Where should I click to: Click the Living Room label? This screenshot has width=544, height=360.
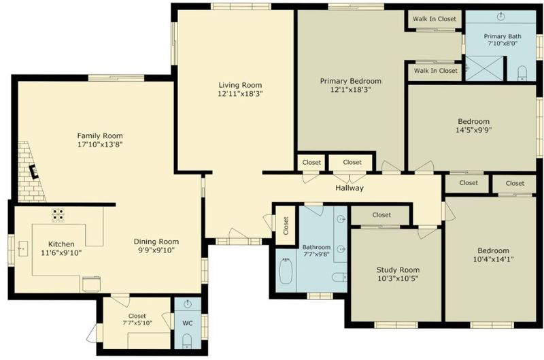(x=240, y=85)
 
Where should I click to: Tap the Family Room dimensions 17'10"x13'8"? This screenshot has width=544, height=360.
(x=100, y=144)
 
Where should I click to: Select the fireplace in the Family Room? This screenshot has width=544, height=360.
(x=34, y=171)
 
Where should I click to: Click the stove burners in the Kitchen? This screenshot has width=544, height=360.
(x=58, y=215)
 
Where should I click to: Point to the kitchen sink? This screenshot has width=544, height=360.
(x=23, y=248)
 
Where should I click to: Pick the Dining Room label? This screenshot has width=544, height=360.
(x=156, y=242)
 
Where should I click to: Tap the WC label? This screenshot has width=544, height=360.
(x=188, y=323)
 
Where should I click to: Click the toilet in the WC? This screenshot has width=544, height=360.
(x=187, y=341)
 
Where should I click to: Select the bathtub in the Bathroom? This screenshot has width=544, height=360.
(x=286, y=271)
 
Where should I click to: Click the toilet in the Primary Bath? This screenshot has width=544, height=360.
(x=522, y=73)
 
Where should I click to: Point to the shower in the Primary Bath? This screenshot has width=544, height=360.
(x=484, y=68)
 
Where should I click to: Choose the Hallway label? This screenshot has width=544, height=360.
(x=350, y=188)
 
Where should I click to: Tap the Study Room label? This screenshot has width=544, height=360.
(x=398, y=269)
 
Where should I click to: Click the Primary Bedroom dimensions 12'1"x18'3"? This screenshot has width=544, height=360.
(x=350, y=90)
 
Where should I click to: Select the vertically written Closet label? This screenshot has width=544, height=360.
(x=286, y=226)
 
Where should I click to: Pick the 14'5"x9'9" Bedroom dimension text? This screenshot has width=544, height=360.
(x=473, y=130)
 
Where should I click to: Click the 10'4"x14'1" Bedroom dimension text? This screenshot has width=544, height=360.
(x=494, y=259)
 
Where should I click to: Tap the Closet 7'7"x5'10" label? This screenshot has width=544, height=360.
(x=137, y=319)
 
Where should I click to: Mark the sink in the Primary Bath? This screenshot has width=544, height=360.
(x=500, y=16)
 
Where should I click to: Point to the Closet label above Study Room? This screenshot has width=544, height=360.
(x=381, y=215)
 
